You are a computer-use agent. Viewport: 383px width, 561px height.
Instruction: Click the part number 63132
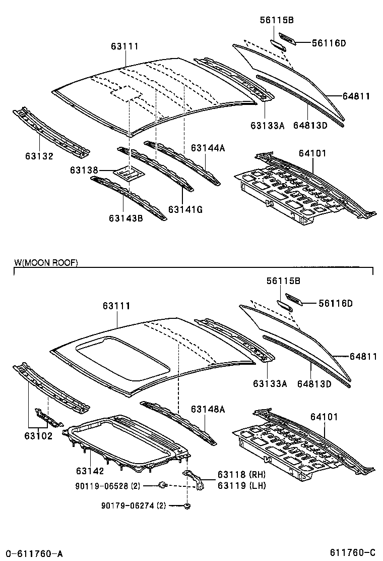[39, 156]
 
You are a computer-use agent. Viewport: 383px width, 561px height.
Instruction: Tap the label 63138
[84, 171]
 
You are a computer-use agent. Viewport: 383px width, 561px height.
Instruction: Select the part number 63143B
[126, 217]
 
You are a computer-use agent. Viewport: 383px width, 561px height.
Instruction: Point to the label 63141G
[185, 209]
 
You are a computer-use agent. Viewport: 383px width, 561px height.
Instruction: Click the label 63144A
[208, 148]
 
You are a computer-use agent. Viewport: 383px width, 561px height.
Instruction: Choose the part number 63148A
[208, 409]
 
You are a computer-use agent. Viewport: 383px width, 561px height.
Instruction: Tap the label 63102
[38, 436]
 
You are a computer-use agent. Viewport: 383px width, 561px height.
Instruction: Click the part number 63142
[90, 471]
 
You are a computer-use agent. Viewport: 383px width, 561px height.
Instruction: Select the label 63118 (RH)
[241, 475]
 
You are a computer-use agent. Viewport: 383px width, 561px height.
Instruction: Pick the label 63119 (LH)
[241, 485]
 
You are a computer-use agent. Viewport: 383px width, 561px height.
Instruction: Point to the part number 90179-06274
[129, 506]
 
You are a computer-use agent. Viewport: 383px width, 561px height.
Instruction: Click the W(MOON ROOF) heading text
[46, 263]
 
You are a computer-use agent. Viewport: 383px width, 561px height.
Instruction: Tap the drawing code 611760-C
[352, 552]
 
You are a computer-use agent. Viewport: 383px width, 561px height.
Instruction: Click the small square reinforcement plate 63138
[129, 173]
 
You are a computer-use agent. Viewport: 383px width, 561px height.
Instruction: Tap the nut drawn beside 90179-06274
[187, 506]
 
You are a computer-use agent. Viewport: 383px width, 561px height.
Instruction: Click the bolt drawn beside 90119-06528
[163, 485]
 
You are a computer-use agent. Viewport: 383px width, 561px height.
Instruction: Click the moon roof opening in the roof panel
[123, 358]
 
